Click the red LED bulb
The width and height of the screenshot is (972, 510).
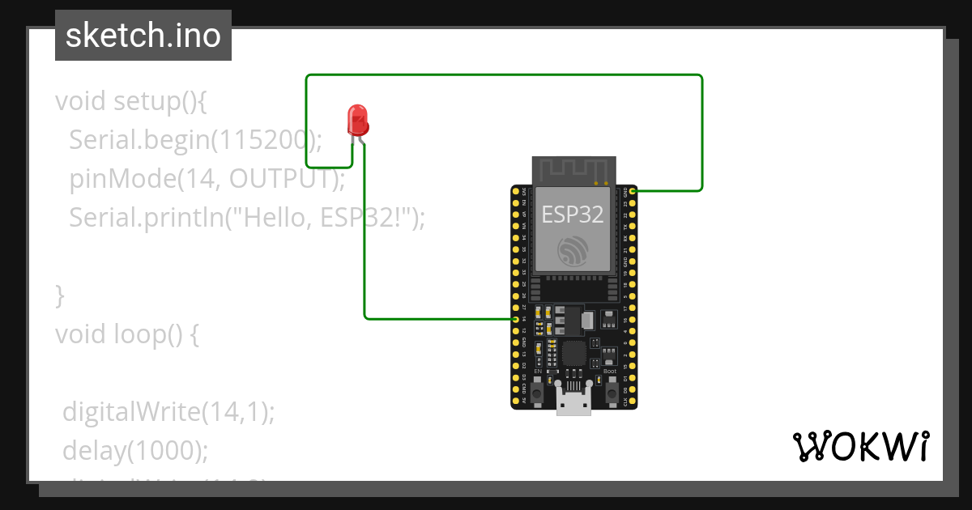point(357,120)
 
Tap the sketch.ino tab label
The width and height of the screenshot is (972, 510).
point(143,36)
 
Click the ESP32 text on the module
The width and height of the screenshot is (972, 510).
point(573,215)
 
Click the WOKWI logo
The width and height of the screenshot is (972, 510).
point(860,446)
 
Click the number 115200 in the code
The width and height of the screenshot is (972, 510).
point(261,140)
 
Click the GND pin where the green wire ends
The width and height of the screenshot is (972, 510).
point(632,191)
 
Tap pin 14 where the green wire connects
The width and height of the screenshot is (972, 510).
point(516,319)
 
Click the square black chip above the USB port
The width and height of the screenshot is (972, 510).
point(573,353)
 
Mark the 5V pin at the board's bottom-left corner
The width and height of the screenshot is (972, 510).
point(516,400)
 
